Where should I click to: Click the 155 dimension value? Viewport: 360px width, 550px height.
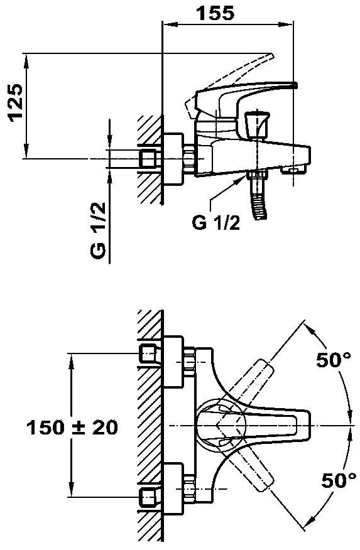215,13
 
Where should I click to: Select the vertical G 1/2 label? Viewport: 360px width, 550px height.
98,230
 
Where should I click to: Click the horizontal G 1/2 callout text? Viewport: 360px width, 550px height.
216,222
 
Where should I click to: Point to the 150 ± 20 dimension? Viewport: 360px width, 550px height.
72,428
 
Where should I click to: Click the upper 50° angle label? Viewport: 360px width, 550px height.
334,360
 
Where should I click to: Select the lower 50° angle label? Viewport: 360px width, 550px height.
339,480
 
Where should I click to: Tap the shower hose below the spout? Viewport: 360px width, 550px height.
259,198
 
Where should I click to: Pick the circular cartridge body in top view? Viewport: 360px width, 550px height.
221,425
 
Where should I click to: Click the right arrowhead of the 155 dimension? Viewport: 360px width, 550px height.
286,24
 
